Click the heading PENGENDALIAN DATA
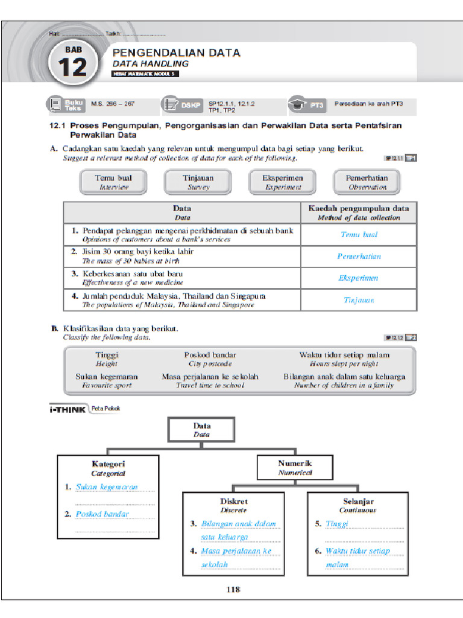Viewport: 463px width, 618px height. tap(177, 53)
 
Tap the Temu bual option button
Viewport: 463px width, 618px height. tap(113, 182)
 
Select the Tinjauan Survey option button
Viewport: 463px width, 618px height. tap(198, 182)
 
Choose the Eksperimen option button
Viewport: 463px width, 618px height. tap(282, 182)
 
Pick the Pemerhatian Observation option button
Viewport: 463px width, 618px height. tap(367, 182)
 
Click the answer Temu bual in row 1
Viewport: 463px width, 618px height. tap(359, 235)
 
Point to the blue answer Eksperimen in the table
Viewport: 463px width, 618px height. tap(359, 278)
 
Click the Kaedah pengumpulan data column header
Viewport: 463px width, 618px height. tap(359, 212)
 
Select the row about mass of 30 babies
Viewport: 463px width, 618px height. tap(181, 256)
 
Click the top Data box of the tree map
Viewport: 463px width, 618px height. tap(201, 429)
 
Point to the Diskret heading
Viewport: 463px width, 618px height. tap(233, 502)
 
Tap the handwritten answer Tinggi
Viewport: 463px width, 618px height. tap(337, 524)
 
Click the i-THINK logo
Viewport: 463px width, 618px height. tap(67, 409)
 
